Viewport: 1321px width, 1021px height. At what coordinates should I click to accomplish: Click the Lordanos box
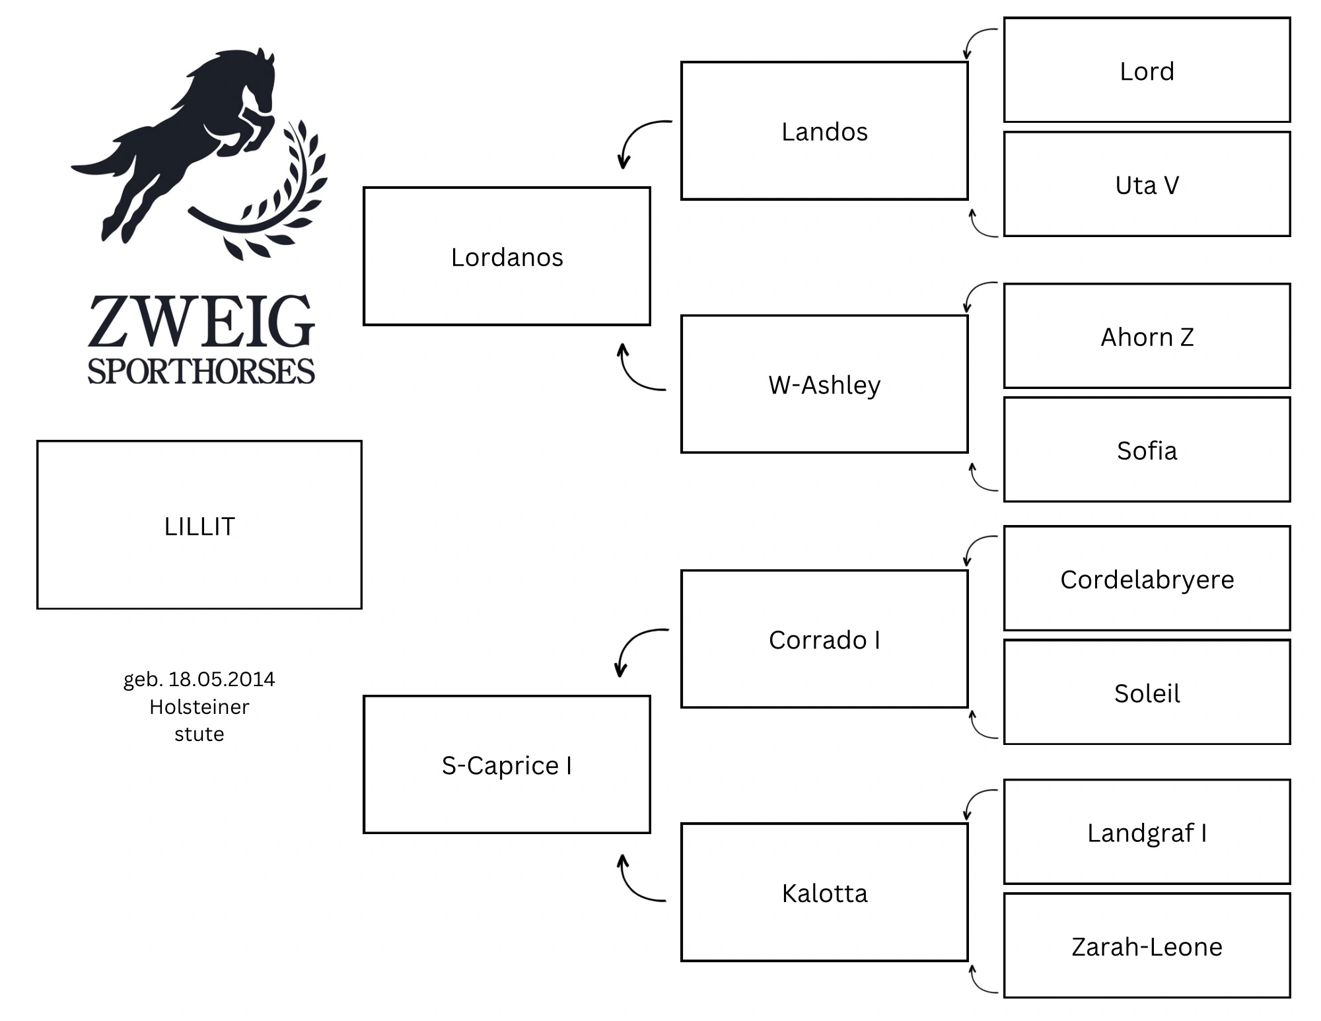click(x=507, y=256)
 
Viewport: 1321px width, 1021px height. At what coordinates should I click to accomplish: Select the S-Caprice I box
click(x=507, y=765)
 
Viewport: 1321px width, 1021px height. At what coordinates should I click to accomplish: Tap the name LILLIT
click(x=199, y=526)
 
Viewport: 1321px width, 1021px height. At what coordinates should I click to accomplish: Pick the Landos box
click(x=824, y=131)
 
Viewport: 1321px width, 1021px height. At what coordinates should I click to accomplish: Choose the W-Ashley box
click(x=824, y=384)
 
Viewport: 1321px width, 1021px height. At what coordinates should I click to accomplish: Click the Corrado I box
click(x=824, y=639)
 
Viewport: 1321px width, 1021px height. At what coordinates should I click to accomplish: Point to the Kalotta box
click(x=824, y=892)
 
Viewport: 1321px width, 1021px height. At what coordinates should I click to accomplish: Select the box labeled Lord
click(x=1147, y=70)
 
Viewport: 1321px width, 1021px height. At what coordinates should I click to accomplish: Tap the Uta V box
click(x=1147, y=184)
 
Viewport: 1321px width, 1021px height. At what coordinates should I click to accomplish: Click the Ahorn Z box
click(x=1147, y=336)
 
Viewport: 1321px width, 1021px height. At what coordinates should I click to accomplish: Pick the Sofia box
click(x=1147, y=450)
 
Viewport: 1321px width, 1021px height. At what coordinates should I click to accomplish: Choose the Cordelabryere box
click(x=1147, y=579)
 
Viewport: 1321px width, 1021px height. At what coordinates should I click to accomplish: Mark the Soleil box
click(x=1147, y=692)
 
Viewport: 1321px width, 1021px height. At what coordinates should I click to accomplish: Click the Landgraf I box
click(x=1147, y=832)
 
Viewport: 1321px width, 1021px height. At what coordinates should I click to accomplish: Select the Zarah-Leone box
click(x=1147, y=946)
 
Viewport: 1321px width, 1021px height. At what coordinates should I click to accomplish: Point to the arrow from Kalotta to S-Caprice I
click(x=631, y=889)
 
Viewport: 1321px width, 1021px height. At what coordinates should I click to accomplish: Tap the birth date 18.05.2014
click(x=222, y=679)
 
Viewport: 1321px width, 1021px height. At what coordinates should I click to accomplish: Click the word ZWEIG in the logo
click(x=201, y=322)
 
